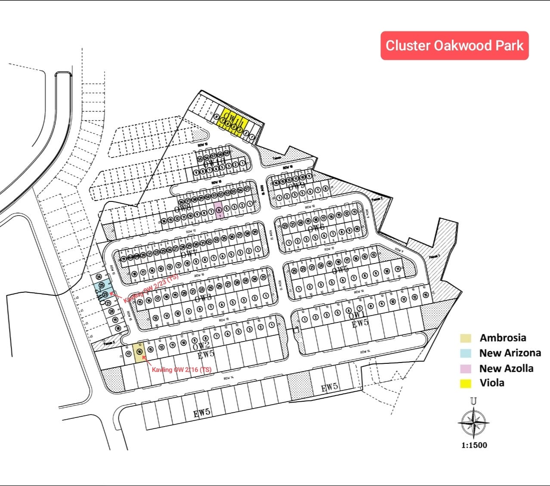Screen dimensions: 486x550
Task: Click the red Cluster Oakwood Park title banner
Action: tap(454, 46)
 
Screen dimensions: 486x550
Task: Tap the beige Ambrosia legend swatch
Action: tap(465, 338)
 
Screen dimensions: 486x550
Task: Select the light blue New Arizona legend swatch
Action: tap(465, 353)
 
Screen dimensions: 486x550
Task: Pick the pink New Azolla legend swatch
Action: tap(465, 368)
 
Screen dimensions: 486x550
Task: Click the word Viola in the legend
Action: tap(492, 383)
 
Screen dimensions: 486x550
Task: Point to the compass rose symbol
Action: tap(473, 422)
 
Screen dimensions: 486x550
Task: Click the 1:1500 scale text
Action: tap(474, 445)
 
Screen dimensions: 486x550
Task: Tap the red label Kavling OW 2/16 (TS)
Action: tap(182, 369)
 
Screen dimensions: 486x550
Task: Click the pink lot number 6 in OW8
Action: tap(219, 210)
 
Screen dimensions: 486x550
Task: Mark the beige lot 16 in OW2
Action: tap(139, 352)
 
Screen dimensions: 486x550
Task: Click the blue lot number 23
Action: tap(105, 294)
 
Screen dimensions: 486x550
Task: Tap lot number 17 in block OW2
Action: tap(129, 354)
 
